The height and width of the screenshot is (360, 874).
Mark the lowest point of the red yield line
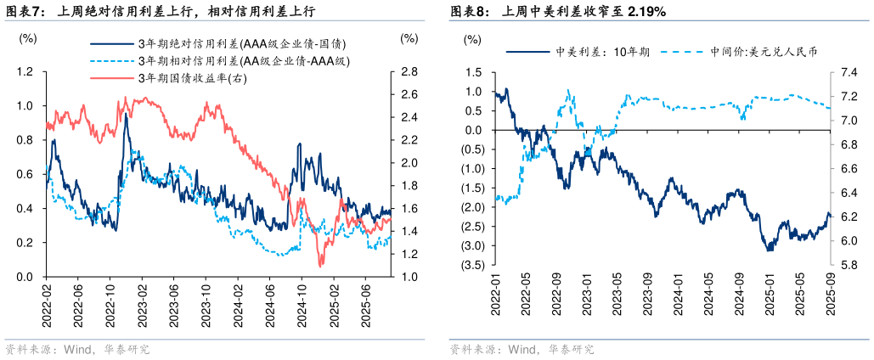coord(321,266)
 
